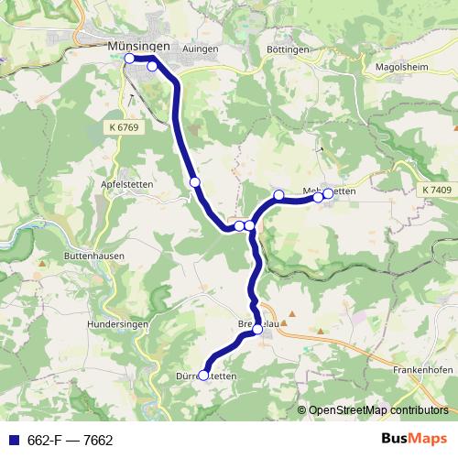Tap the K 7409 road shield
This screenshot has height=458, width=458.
(438, 190)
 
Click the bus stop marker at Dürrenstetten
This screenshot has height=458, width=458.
(204, 375)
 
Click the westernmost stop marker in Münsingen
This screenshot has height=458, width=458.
(129, 59)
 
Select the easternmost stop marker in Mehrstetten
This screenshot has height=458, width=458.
(328, 193)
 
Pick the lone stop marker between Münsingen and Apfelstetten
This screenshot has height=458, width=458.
(194, 182)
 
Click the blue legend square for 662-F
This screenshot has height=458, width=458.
(11, 441)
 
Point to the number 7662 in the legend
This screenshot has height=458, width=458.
(98, 441)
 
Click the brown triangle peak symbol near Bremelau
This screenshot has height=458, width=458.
(285, 323)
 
